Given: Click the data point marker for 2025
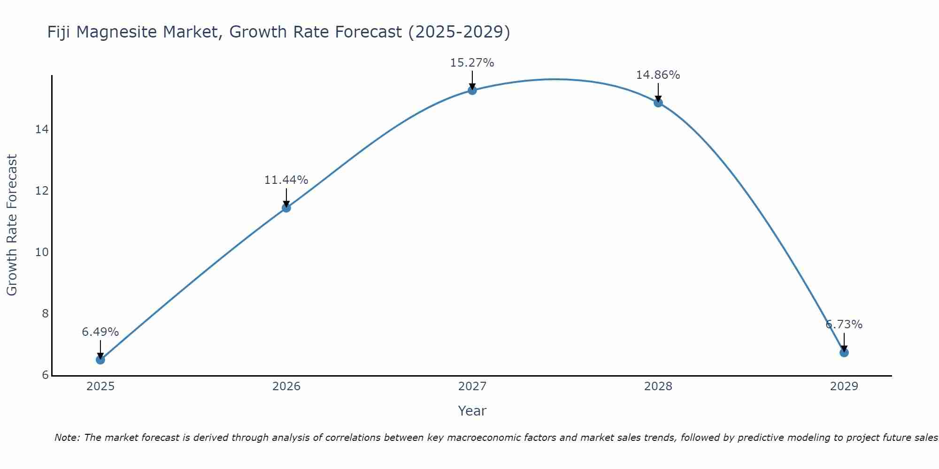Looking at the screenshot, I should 100,360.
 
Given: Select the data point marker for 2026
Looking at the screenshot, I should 286,208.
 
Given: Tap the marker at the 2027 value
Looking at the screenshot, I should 472,90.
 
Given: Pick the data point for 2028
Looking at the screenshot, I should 658,103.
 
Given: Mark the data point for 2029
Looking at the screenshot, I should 844,352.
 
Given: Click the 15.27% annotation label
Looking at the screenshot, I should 472,63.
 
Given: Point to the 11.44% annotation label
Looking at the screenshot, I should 286,180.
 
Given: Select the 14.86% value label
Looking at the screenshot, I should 658,75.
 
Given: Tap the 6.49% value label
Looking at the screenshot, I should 100,332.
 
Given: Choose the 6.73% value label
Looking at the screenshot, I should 844,325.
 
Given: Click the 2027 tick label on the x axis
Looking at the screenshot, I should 472,386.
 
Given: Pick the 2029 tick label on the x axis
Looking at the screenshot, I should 844,386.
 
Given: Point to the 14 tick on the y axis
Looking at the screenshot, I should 42,129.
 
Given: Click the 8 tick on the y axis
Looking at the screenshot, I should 45,314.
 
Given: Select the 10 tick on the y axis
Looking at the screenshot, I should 42,252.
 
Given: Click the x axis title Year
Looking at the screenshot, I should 472,411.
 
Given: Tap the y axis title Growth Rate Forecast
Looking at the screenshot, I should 12,225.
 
